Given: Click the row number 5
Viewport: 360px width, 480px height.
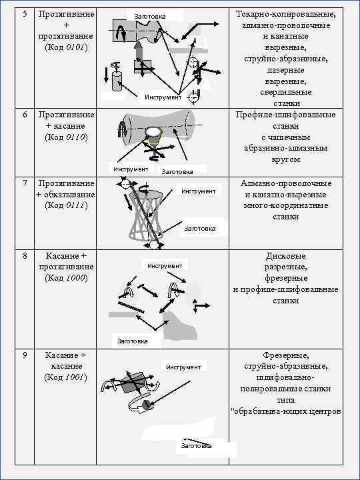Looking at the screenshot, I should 25,13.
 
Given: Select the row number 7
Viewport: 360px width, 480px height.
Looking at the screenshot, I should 25,183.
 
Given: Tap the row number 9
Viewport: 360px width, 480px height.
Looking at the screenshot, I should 25,355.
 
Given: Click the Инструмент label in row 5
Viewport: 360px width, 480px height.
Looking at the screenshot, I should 163,98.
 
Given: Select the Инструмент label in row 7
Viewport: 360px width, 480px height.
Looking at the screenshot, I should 199,191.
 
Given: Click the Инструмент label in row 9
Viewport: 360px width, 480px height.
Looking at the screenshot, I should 183,367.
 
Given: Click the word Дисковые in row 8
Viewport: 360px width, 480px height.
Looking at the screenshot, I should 285,255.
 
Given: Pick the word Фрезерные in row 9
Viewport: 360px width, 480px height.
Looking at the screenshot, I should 285,355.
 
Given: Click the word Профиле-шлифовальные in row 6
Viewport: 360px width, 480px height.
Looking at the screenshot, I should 285,115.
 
